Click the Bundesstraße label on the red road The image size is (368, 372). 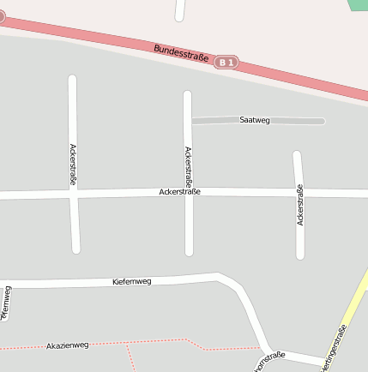(x=181, y=52)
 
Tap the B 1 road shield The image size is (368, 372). (x=226, y=63)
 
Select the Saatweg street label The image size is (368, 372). (x=255, y=121)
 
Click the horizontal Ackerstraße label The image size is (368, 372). (x=180, y=192)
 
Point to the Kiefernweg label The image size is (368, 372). (x=132, y=281)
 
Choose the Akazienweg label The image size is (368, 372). (x=68, y=345)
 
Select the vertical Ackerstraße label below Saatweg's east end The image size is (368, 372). (x=299, y=205)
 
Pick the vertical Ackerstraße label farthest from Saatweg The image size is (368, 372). (x=73, y=165)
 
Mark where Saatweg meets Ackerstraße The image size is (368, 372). (x=188, y=121)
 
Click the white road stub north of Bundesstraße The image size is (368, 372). (x=180, y=9)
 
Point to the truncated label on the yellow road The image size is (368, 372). (x=335, y=349)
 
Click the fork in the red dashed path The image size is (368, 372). (x=127, y=344)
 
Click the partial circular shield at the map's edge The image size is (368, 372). (x=2, y=15)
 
